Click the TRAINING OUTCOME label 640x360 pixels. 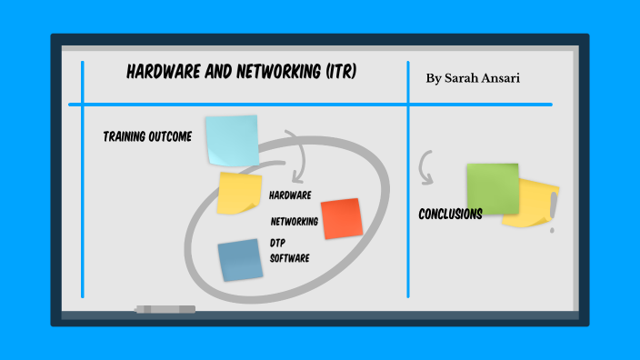[147, 137]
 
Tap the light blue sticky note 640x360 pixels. [231, 140]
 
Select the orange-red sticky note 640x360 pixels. [342, 218]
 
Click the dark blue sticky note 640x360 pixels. [240, 259]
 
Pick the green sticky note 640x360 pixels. [492, 187]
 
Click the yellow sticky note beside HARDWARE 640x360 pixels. [241, 192]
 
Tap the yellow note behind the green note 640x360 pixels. [537, 205]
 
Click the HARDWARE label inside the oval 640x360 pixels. [291, 195]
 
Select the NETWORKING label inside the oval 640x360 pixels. [295, 221]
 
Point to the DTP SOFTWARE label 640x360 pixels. [290, 251]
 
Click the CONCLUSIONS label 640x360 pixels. [450, 215]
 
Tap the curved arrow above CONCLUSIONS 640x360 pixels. [425, 167]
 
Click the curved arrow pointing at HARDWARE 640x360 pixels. [296, 155]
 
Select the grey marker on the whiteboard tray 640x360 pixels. [165, 309]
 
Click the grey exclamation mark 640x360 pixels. [552, 219]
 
